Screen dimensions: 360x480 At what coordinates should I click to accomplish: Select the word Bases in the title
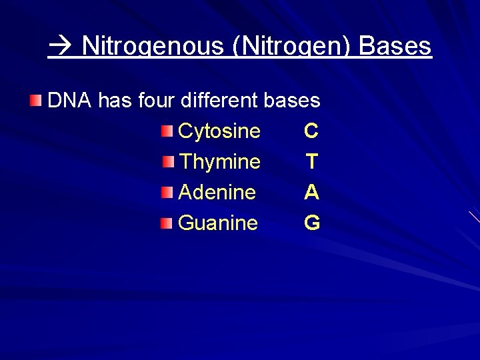[x=395, y=46]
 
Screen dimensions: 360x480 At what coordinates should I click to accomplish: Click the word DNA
[x=70, y=101]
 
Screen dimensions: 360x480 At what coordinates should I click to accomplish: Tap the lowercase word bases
[x=292, y=101]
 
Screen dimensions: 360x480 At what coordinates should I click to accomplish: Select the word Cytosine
[x=219, y=131]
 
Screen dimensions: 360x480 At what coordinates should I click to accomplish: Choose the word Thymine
[x=220, y=161]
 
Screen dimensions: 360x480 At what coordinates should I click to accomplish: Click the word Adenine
[x=217, y=192]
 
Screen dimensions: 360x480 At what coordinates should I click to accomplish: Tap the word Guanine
[x=218, y=223]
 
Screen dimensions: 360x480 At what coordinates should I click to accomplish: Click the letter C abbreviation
[x=311, y=131]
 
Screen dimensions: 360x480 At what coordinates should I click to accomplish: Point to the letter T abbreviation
[x=311, y=161]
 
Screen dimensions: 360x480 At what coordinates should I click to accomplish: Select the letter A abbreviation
[x=311, y=192]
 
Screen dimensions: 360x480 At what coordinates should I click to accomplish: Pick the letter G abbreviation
[x=312, y=223]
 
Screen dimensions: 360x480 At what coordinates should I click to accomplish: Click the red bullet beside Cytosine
[x=167, y=130]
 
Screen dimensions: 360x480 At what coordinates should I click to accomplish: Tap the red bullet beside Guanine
[x=167, y=222]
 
